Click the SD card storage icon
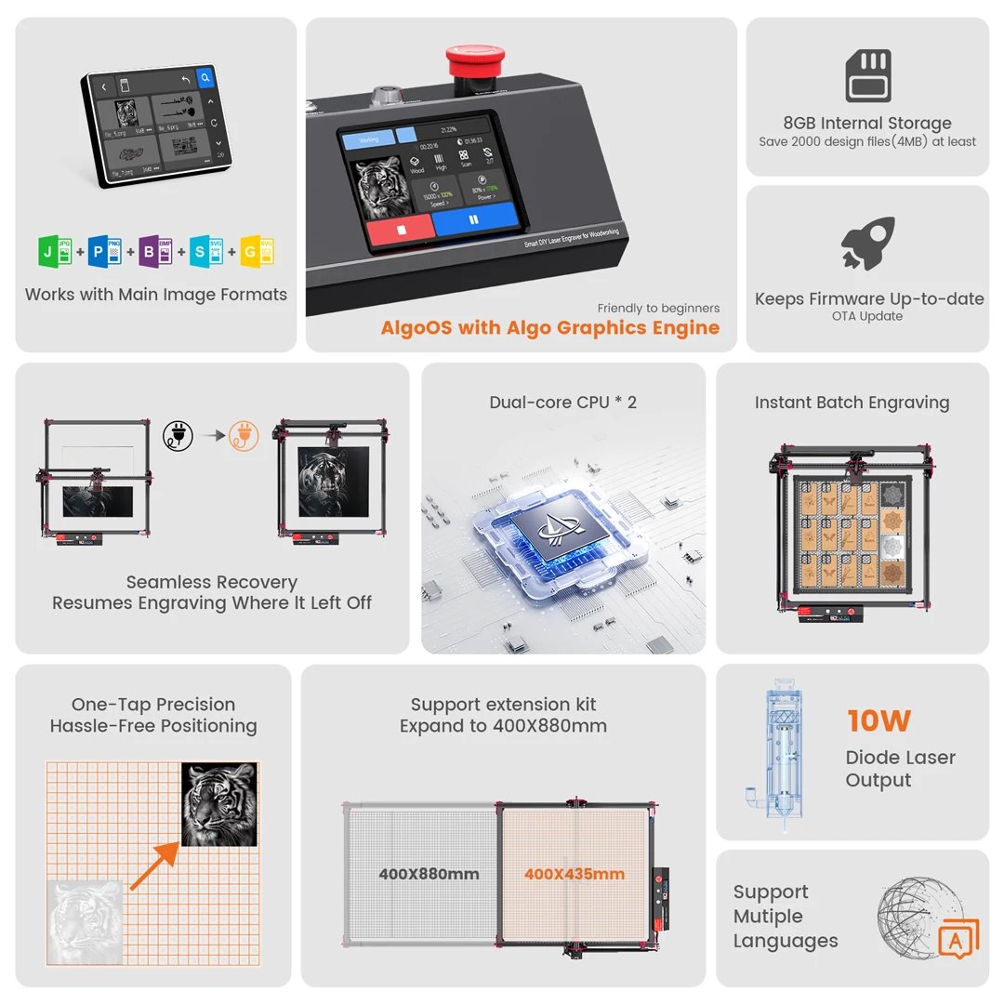pyautogui.click(x=867, y=76)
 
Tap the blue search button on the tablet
pyautogui.click(x=206, y=81)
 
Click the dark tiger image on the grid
pyautogui.click(x=218, y=804)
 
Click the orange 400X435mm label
pyautogui.click(x=574, y=874)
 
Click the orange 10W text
pyautogui.click(x=878, y=720)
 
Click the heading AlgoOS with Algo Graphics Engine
pyautogui.click(x=549, y=327)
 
